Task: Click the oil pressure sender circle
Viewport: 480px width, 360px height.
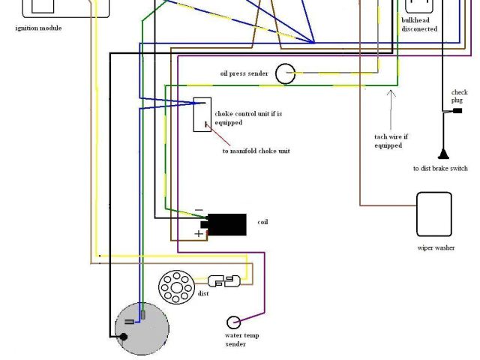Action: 285,73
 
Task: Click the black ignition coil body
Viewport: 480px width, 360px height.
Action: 226,224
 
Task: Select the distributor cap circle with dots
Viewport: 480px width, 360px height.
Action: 176,287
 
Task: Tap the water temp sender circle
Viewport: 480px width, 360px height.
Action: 234,322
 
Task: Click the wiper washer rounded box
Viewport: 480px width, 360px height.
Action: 434,214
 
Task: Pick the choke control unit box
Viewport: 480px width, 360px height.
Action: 202,115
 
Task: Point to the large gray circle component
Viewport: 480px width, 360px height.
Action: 142,330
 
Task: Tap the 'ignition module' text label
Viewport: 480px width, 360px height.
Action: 38,28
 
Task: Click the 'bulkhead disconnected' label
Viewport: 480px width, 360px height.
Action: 419,25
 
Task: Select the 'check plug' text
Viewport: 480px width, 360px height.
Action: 459,96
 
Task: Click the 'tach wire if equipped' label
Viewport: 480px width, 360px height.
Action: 391,141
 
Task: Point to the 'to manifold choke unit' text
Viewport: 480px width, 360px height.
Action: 256,151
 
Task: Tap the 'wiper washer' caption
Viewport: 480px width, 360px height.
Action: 436,248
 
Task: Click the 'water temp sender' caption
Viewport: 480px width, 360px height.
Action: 241,340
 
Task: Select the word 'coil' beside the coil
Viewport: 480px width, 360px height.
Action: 262,222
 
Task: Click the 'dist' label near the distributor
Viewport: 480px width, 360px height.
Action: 203,293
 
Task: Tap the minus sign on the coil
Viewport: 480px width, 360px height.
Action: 198,210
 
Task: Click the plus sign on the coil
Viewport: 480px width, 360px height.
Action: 199,234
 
